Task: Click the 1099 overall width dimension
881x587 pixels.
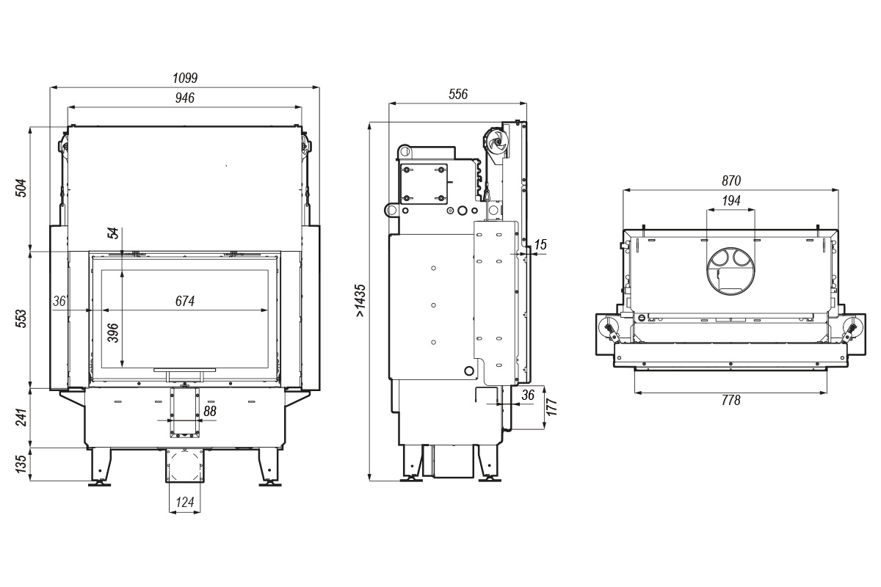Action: click(x=185, y=78)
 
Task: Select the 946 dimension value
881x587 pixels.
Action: click(x=185, y=98)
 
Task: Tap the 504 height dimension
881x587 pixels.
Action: click(x=21, y=188)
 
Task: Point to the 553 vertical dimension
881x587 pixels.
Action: click(x=21, y=318)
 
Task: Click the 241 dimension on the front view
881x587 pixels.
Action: click(x=21, y=418)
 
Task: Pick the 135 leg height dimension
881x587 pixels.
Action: click(x=21, y=464)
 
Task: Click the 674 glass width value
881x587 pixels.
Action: click(x=185, y=301)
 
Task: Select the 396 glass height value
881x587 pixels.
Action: click(x=113, y=332)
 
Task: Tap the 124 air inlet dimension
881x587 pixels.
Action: click(x=185, y=502)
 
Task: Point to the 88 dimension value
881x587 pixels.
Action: click(x=210, y=411)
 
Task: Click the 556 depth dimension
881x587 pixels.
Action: click(x=458, y=94)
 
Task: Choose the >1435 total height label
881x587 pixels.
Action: click(x=360, y=301)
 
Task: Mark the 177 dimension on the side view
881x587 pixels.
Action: click(x=552, y=407)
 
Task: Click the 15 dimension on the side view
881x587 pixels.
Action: click(x=540, y=244)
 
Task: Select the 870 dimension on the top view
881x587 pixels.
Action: click(x=731, y=181)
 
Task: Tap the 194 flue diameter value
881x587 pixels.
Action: click(x=731, y=201)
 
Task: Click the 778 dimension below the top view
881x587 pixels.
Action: click(x=731, y=400)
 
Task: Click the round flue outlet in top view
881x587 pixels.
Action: click(x=730, y=271)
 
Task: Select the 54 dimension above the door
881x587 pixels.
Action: click(x=113, y=233)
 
